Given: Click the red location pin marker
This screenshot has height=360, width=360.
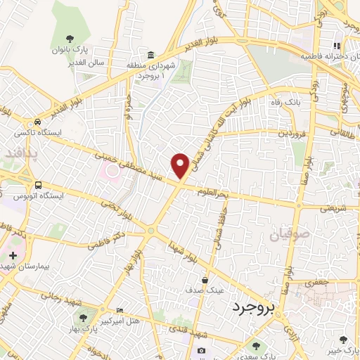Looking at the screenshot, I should (x=181, y=165).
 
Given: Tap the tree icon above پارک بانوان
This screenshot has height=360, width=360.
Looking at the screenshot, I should (x=69, y=39).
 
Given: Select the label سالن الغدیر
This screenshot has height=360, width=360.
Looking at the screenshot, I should (x=69, y=63).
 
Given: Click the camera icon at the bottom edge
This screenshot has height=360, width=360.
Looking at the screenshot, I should (x=202, y=351).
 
